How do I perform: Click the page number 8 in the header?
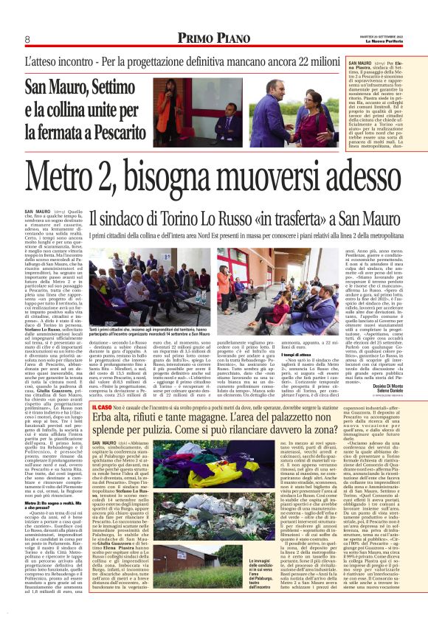pos(27,39)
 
